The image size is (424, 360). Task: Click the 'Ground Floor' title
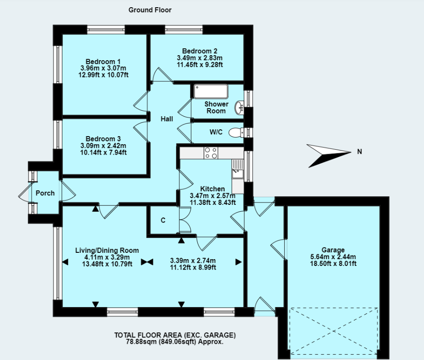[150, 10]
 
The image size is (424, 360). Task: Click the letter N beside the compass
[359, 152]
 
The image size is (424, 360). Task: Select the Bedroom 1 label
[103, 62]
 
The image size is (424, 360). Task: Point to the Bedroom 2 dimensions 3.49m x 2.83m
[200, 58]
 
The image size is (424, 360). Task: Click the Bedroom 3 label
[103, 139]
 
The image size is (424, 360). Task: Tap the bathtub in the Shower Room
[211, 91]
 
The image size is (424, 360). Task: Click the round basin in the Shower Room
[239, 108]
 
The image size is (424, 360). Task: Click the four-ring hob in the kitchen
[211, 153]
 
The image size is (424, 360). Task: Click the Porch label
[45, 193]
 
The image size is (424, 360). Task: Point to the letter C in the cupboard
[163, 220]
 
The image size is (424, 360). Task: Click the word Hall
[167, 119]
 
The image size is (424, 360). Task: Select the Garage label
[333, 250]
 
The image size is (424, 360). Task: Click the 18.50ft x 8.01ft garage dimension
[333, 264]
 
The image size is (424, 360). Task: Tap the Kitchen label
[212, 189]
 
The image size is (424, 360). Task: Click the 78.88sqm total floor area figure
[142, 341]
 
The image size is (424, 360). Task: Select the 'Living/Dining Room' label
[107, 251]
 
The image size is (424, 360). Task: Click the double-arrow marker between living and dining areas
[147, 262]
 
